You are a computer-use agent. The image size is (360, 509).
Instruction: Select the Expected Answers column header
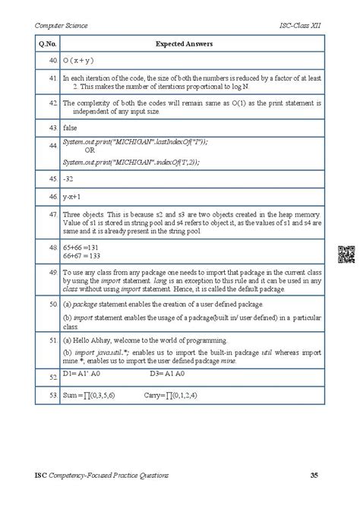tap(185, 45)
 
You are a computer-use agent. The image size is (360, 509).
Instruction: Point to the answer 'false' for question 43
tap(71, 128)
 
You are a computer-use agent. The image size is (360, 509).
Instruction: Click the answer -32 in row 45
tap(69, 179)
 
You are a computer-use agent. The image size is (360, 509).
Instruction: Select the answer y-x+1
tap(74, 196)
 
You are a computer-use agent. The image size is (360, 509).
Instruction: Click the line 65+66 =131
tap(82, 248)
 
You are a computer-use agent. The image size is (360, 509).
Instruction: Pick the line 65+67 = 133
tap(83, 258)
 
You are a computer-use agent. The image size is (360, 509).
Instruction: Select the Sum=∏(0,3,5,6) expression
tap(93, 396)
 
